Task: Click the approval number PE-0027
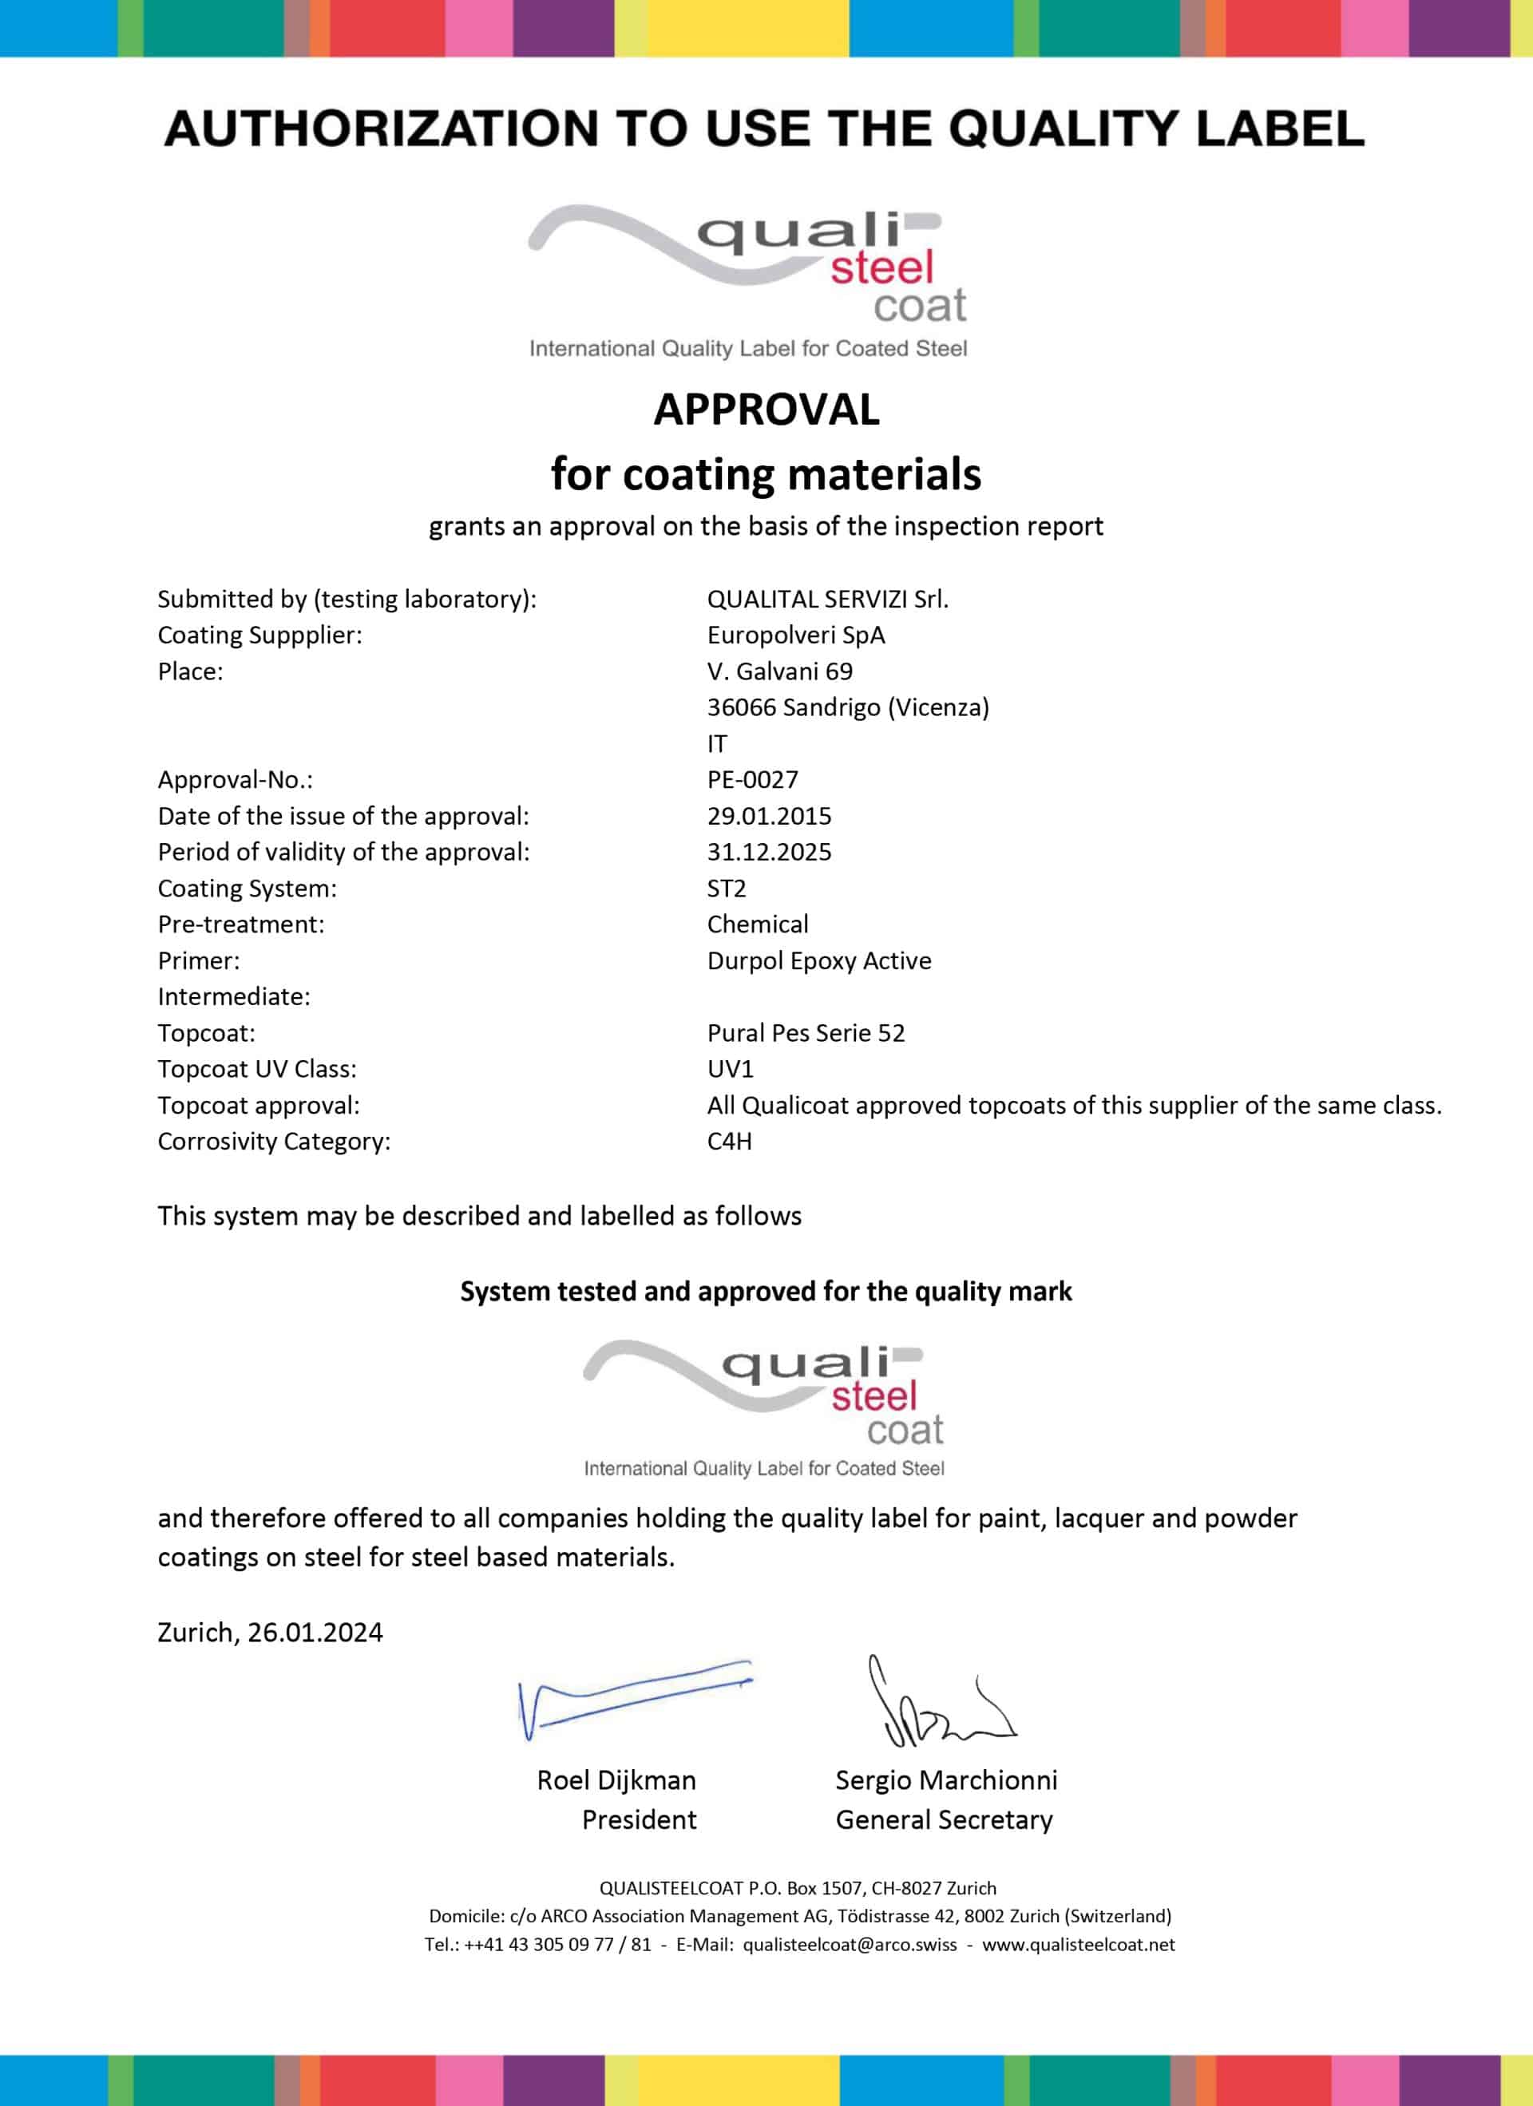[x=752, y=779]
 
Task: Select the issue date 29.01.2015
[x=769, y=815]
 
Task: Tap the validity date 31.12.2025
[x=769, y=852]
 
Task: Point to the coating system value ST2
[x=726, y=888]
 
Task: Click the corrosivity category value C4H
[x=729, y=1140]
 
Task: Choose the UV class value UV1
[x=730, y=1068]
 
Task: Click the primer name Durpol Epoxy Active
[x=819, y=960]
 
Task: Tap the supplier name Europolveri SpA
[x=796, y=635]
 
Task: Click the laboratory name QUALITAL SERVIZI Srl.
[x=827, y=599]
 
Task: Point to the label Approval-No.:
[x=235, y=779]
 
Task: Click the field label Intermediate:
[x=234, y=996]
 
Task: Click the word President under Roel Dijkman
[x=639, y=1819]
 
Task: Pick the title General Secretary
[x=944, y=1819]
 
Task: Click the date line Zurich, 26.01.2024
[x=270, y=1632]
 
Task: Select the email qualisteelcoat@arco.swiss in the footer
[x=849, y=1945]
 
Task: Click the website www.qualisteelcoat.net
[x=1078, y=1945]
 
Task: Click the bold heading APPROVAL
[x=766, y=410]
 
